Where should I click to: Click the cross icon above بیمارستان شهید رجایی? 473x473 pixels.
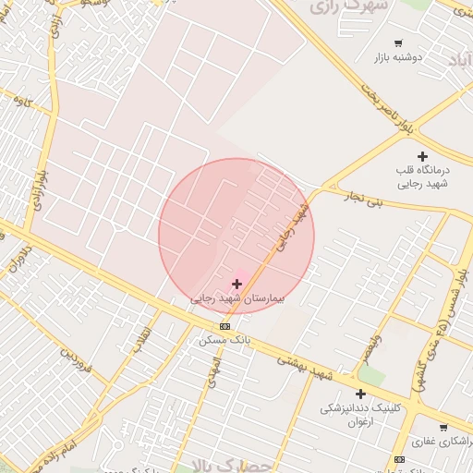(x=236, y=284)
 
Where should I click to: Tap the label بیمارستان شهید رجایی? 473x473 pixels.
(x=238, y=299)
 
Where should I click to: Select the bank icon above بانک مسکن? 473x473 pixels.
(x=224, y=327)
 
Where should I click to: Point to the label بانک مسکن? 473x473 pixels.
(x=224, y=340)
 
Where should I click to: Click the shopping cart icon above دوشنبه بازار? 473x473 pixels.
(x=398, y=43)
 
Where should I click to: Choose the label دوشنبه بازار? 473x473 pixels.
(x=398, y=57)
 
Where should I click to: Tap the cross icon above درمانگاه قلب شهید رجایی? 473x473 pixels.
(x=422, y=156)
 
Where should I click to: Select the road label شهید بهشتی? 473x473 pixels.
(x=308, y=367)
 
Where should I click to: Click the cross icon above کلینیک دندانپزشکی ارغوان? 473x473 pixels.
(x=360, y=394)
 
